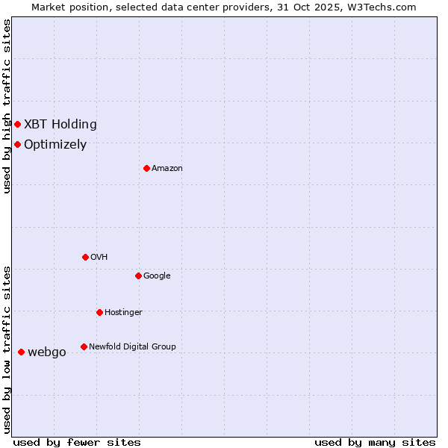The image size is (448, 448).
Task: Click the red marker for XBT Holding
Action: pos(17,124)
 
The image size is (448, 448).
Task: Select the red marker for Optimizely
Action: pos(17,144)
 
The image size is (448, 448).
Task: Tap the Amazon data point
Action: pos(146,168)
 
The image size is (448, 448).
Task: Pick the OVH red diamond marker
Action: pos(85,257)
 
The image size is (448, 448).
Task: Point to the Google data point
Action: pos(138,276)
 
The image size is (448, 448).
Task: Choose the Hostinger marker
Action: pos(99,312)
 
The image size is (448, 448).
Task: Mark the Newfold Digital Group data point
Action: pos(84,346)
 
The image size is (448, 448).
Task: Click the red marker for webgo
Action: pos(21,352)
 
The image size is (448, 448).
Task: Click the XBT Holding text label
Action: pos(60,125)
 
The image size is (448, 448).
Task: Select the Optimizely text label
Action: pos(55,145)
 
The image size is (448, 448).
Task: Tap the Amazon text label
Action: pos(167,169)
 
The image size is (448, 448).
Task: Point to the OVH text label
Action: pos(99,258)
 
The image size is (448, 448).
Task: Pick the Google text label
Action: pos(157,276)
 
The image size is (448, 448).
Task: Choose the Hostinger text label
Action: pos(123,313)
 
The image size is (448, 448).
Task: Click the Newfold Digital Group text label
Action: pos(132,347)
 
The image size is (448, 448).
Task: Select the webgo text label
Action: pos(47,352)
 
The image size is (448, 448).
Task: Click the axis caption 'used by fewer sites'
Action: pos(77,442)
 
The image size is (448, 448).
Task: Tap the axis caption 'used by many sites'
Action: pos(375,442)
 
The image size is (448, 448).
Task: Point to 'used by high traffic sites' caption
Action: pos(7,106)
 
